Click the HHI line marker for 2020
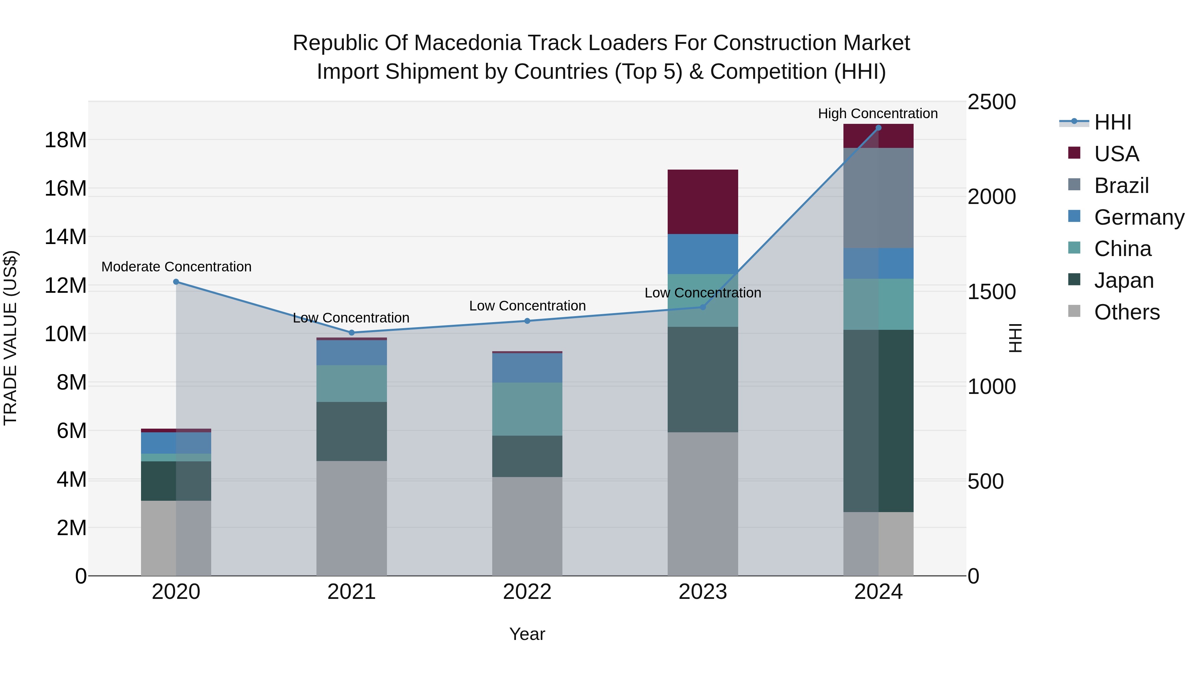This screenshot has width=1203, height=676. pos(176,282)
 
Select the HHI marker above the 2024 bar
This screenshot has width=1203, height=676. pos(878,128)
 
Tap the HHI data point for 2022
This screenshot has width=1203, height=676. pos(527,321)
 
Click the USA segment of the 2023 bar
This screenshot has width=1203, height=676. pos(702,202)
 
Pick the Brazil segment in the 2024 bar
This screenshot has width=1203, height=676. pos(878,198)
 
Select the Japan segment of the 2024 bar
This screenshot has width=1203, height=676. pos(878,421)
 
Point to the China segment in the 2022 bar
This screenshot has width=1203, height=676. pos(527,409)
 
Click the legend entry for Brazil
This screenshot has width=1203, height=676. pos(1121,186)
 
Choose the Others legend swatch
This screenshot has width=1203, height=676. pos(1074,311)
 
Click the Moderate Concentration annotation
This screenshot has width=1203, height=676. pos(176,267)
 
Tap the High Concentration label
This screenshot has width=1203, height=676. pos(878,114)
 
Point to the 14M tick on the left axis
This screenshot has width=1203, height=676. pos(65,237)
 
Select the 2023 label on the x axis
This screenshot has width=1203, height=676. pos(702,592)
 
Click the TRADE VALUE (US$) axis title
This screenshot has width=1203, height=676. pos(10,338)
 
